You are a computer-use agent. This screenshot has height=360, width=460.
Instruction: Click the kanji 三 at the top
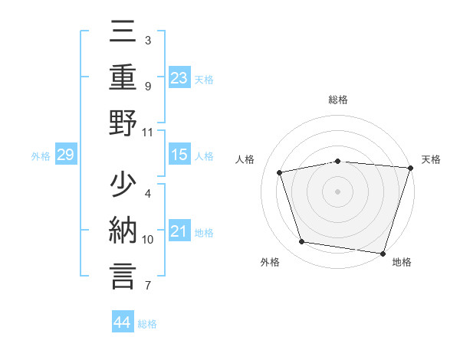123,35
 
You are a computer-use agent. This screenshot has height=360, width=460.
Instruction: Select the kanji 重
123,78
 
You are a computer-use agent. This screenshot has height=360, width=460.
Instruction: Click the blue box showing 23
179,77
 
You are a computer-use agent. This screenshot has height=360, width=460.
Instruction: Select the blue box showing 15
179,155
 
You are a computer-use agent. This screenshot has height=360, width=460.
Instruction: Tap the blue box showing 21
179,231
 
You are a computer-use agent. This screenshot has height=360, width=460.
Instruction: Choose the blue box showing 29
65,155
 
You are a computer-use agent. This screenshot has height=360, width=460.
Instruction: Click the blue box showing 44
122,322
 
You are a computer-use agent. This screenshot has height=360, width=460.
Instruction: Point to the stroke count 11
148,133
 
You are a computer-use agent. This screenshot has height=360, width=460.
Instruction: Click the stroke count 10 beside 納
148,240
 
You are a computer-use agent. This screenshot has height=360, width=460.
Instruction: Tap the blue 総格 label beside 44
147,324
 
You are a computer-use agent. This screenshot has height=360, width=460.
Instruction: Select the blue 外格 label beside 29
41,156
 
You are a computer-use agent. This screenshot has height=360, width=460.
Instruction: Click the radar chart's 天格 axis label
431,159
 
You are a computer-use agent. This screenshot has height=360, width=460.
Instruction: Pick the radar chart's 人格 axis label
245,159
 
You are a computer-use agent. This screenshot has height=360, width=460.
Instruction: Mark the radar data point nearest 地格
383,253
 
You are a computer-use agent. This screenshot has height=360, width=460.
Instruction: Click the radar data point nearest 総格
338,161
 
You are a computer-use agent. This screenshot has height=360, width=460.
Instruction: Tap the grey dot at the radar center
338,191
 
